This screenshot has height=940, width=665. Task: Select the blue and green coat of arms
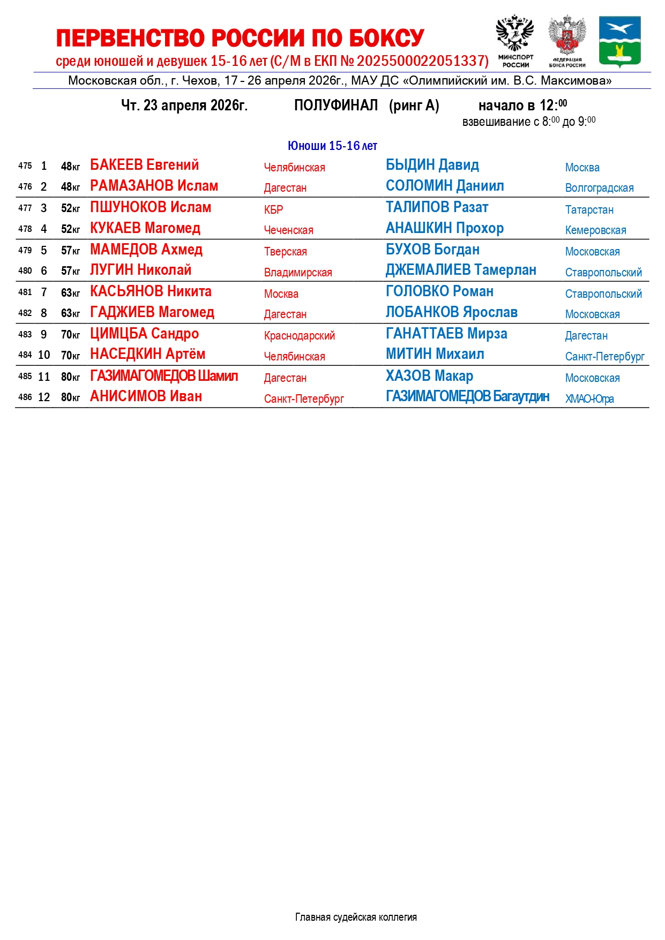(619, 41)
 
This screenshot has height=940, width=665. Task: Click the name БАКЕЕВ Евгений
(144, 165)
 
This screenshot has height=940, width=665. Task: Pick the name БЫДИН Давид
(432, 165)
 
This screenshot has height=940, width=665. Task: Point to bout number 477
(25, 208)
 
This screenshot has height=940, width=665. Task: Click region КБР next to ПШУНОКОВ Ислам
(273, 209)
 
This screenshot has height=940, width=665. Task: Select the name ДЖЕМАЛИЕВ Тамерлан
(461, 270)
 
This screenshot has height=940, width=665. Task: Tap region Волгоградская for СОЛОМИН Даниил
(599, 188)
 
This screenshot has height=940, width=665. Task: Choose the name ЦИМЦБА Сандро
(144, 334)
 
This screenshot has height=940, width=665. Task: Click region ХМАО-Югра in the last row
(589, 399)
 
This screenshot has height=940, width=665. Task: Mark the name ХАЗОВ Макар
(429, 376)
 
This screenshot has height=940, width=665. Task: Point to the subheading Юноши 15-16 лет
(332, 146)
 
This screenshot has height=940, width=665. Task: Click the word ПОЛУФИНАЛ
(336, 106)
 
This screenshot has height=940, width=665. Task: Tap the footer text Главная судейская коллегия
(356, 918)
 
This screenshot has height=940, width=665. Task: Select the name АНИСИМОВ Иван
(146, 396)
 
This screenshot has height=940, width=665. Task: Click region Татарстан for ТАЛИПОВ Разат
(589, 210)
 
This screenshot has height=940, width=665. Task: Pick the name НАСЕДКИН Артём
(147, 355)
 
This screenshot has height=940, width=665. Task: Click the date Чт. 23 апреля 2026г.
(184, 106)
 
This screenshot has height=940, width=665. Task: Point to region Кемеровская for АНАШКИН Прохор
(595, 230)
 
